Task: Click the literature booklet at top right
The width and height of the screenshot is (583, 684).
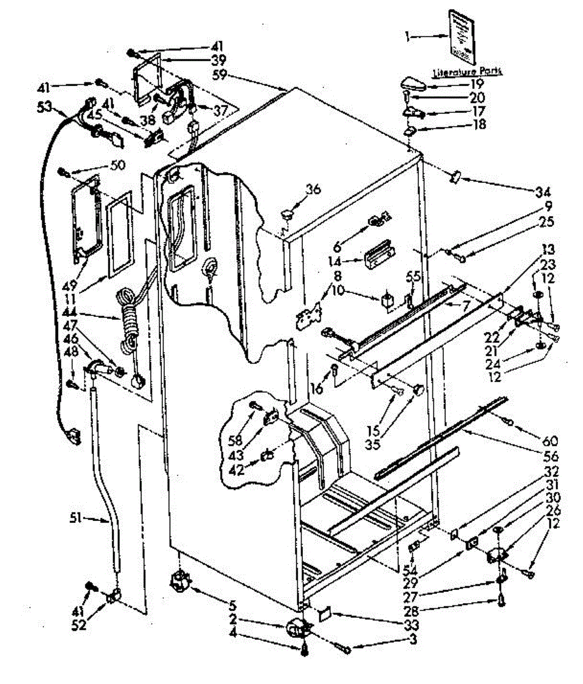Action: (x=460, y=36)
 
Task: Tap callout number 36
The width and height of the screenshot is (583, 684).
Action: (x=313, y=190)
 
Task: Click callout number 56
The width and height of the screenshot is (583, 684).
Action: (x=550, y=456)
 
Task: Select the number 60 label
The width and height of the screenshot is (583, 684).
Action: (x=551, y=441)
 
